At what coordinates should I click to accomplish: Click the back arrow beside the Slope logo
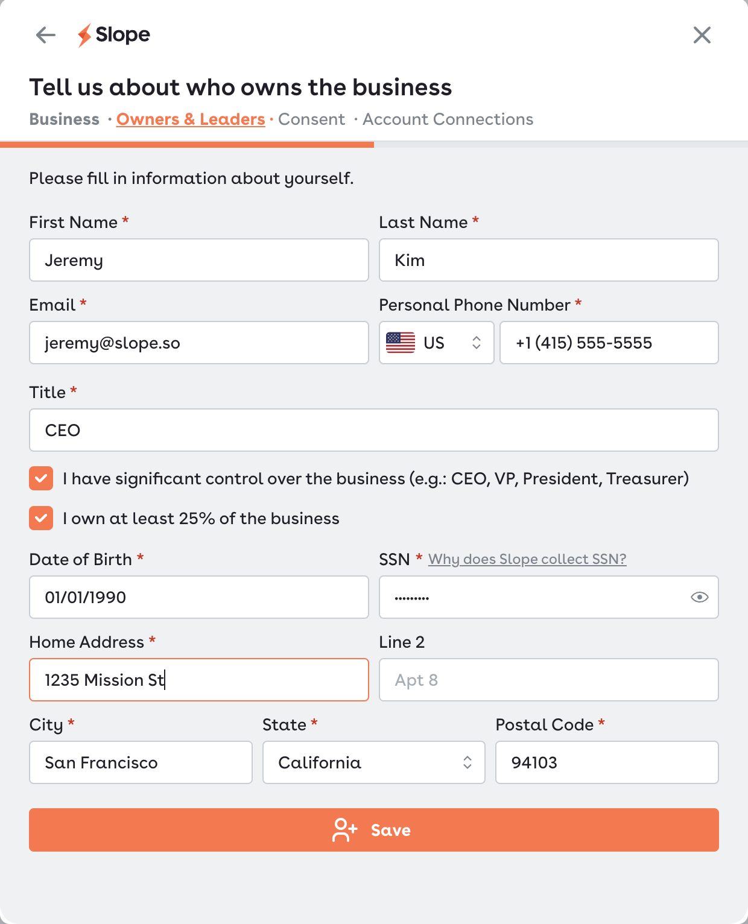pyautogui.click(x=46, y=35)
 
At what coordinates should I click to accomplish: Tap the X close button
pyautogui.click(x=702, y=35)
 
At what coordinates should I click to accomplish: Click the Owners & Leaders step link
pyautogui.click(x=191, y=119)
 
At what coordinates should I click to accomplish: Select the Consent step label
pyautogui.click(x=311, y=119)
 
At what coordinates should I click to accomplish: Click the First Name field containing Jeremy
pyautogui.click(x=199, y=260)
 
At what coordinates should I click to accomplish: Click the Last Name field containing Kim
pyautogui.click(x=549, y=260)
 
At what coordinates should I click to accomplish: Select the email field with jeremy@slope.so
pyautogui.click(x=199, y=343)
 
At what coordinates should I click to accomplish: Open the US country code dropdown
pyautogui.click(x=436, y=343)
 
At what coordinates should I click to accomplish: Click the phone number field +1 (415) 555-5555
pyautogui.click(x=609, y=343)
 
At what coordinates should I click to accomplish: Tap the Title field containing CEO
pyautogui.click(x=374, y=430)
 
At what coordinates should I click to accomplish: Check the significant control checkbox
pyautogui.click(x=41, y=479)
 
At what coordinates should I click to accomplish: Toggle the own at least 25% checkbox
pyautogui.click(x=41, y=519)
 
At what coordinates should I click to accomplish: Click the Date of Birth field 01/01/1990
pyautogui.click(x=199, y=597)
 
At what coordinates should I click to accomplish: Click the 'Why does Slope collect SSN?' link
pyautogui.click(x=527, y=559)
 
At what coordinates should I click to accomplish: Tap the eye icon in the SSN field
pyautogui.click(x=699, y=597)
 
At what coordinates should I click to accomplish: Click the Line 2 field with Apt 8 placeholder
pyautogui.click(x=549, y=680)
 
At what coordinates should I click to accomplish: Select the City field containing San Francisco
pyautogui.click(x=141, y=762)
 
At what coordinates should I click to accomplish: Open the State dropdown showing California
pyautogui.click(x=374, y=762)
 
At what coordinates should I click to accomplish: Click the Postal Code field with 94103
pyautogui.click(x=607, y=762)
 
